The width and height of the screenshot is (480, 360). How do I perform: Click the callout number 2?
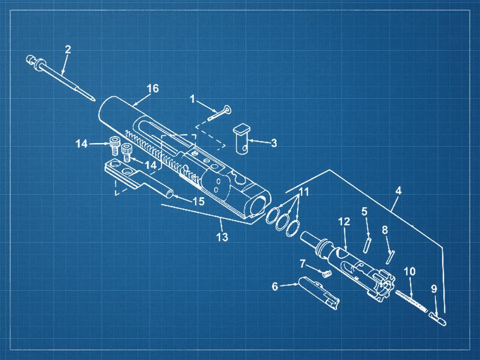click(68, 50)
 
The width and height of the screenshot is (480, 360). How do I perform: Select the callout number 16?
click(153, 88)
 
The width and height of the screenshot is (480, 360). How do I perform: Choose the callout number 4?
click(398, 190)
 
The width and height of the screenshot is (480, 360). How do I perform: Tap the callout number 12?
click(344, 221)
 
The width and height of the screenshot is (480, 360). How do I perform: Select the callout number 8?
click(385, 230)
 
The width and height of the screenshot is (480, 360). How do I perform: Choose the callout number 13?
click(222, 237)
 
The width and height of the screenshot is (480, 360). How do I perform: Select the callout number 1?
click(193, 99)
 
